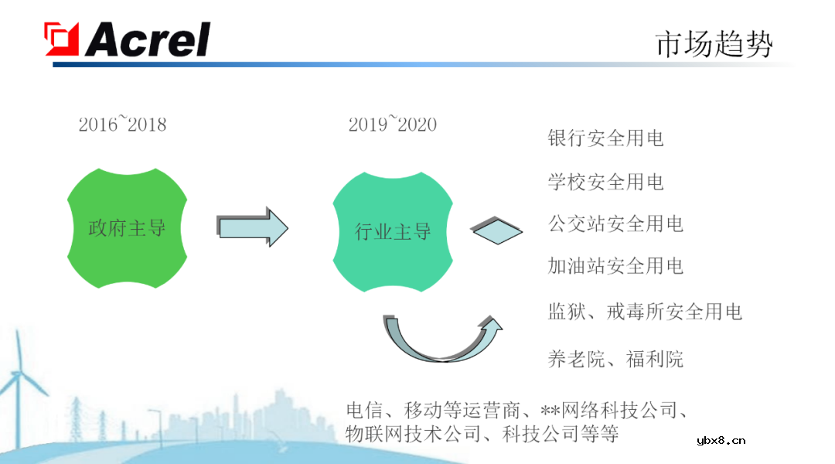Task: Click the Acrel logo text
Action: click(x=147, y=39)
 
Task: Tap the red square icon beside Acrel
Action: click(x=62, y=39)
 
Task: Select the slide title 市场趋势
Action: click(x=713, y=44)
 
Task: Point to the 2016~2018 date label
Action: click(x=122, y=124)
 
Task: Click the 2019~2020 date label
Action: click(x=392, y=124)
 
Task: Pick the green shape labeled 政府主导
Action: click(x=128, y=228)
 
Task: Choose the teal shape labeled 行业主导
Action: click(x=393, y=231)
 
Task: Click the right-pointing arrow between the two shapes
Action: click(x=253, y=227)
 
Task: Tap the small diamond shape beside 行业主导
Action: click(x=497, y=230)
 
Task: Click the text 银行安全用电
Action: click(x=605, y=138)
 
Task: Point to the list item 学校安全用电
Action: click(x=605, y=182)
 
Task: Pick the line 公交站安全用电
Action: click(x=615, y=224)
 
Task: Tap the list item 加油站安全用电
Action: click(x=615, y=266)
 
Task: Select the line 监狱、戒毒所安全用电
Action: click(x=645, y=312)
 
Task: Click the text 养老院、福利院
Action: click(x=615, y=358)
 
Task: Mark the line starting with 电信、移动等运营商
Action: click(x=517, y=410)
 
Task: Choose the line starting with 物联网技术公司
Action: click(x=482, y=433)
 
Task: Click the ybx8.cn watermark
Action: click(x=721, y=441)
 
